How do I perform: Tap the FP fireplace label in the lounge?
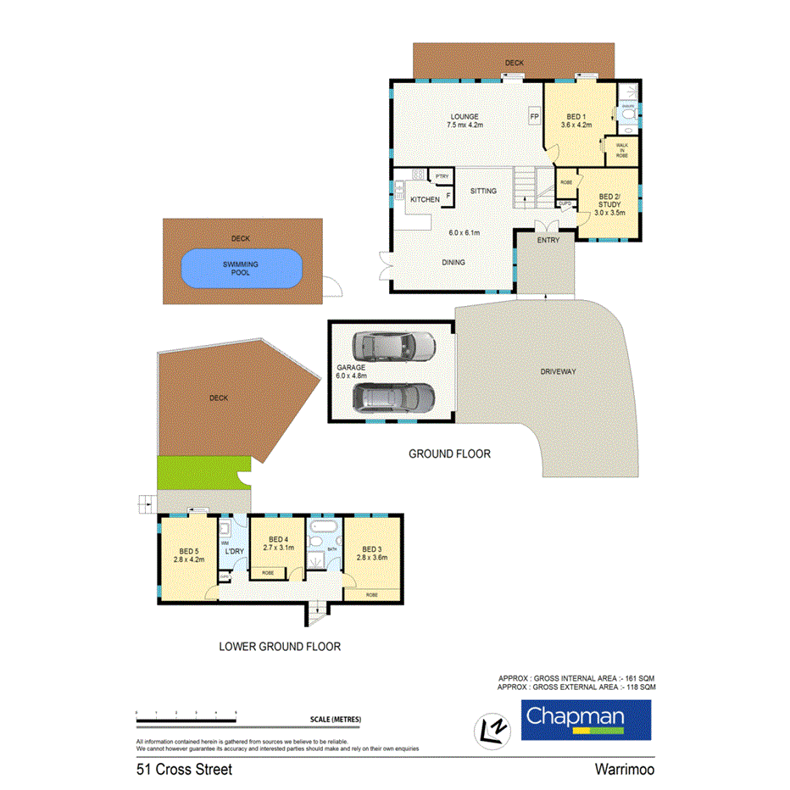[x=534, y=116]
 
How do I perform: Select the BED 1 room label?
[x=576, y=116]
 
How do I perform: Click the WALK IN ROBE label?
[x=621, y=151]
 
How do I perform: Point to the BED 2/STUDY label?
[x=609, y=204]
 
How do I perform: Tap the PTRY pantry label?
[x=442, y=176]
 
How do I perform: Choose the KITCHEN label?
[x=425, y=199]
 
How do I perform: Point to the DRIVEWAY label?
[x=563, y=371]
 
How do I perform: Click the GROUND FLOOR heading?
[x=449, y=453]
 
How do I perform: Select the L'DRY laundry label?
[x=233, y=553]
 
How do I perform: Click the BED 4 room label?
[x=279, y=540]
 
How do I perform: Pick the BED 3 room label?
[x=373, y=549]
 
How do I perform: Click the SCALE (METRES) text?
[x=336, y=720]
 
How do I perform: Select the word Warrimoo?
[x=622, y=770]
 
